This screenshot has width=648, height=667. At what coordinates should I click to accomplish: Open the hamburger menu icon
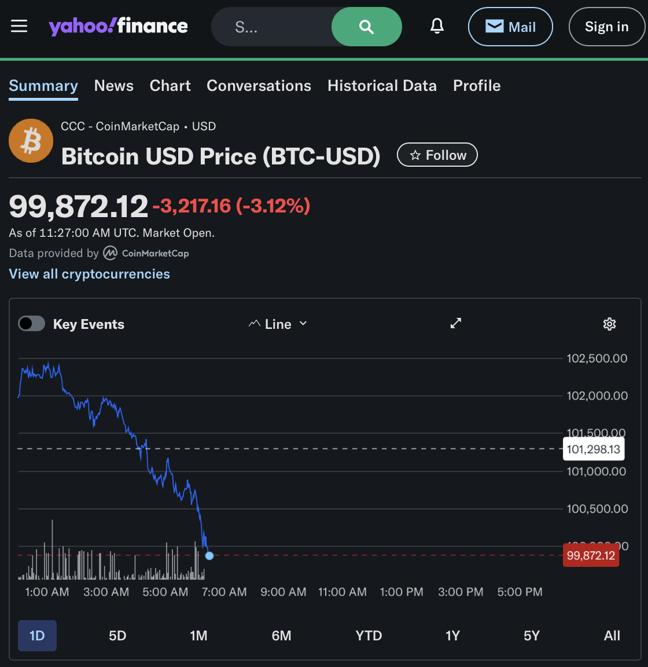19,26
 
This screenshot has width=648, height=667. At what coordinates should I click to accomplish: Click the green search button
366,27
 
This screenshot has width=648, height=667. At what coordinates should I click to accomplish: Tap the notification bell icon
437,26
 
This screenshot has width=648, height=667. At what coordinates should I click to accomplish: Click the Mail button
510,27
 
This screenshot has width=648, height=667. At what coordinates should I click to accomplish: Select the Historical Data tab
382,86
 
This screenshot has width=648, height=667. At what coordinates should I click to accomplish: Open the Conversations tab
259,86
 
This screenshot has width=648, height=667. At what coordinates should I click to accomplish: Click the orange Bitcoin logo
31,141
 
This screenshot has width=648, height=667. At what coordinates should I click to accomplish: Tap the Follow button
437,155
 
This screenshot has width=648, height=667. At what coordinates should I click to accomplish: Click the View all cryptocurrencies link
90,274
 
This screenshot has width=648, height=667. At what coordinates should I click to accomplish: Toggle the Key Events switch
31,324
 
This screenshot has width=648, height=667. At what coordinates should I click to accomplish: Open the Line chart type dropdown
278,324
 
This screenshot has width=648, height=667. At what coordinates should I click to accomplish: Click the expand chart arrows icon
456,323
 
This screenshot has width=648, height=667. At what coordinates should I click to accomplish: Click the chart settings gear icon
609,324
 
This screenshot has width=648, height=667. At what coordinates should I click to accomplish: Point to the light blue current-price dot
209,556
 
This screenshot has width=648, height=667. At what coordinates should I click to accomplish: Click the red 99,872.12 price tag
591,556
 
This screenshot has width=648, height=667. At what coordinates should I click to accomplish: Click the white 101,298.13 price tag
593,449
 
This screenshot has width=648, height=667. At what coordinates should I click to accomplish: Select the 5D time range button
117,636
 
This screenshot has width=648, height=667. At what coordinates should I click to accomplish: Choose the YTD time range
369,636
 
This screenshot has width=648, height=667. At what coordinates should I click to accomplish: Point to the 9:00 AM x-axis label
283,592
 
